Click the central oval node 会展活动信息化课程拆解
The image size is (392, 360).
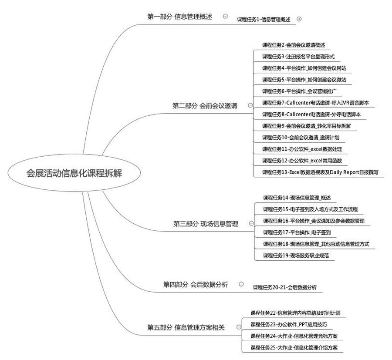pos(74,173)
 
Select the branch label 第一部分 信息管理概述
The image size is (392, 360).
pos(180,17)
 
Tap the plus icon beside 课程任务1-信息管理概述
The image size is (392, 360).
pos(299,19)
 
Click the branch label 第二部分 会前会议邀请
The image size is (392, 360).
pos(205,106)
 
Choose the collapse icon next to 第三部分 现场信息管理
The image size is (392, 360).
pos(251,223)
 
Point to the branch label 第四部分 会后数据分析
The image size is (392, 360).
pos(196,285)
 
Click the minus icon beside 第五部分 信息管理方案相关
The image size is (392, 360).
pos(239,327)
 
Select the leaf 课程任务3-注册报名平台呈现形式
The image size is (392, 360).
pos(298,57)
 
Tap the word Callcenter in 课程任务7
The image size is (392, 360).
pos(298,103)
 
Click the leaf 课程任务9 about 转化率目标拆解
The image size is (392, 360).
pos(307,126)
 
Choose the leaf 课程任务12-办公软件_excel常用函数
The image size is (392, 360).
pos(302,161)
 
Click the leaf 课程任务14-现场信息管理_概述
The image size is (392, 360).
pos(297,198)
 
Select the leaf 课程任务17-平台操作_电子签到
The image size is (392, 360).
pos(297,232)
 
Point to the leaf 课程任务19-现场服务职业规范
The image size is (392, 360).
pos(296,256)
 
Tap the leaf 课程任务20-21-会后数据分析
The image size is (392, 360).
pos(285,288)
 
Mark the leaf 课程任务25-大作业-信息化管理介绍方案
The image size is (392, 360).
pos(294,348)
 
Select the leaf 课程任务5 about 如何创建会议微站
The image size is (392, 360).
pos(304,80)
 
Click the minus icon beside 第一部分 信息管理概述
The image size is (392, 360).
pos(225,16)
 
